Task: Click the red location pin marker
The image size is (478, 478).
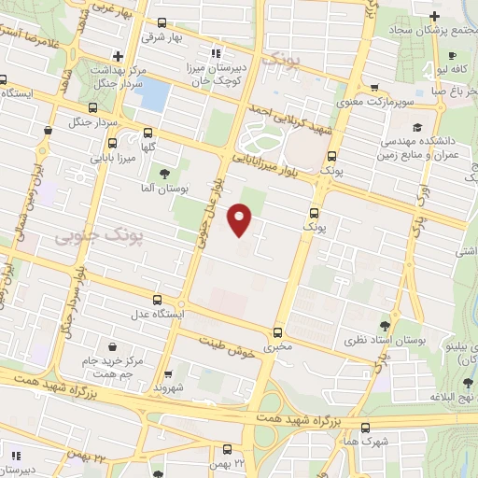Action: (x=241, y=218)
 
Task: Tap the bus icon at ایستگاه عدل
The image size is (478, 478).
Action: (x=157, y=301)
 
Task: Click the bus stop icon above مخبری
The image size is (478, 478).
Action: (x=277, y=332)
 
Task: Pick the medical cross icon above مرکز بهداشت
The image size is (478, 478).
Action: (x=118, y=56)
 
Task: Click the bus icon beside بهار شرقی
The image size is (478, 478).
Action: (x=162, y=22)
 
